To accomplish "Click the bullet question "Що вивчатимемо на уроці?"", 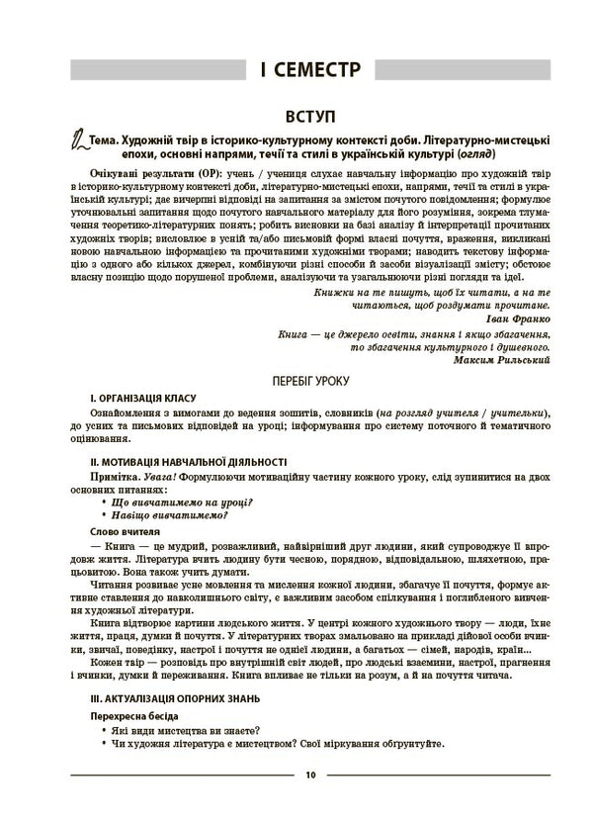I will pos(183,502).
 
